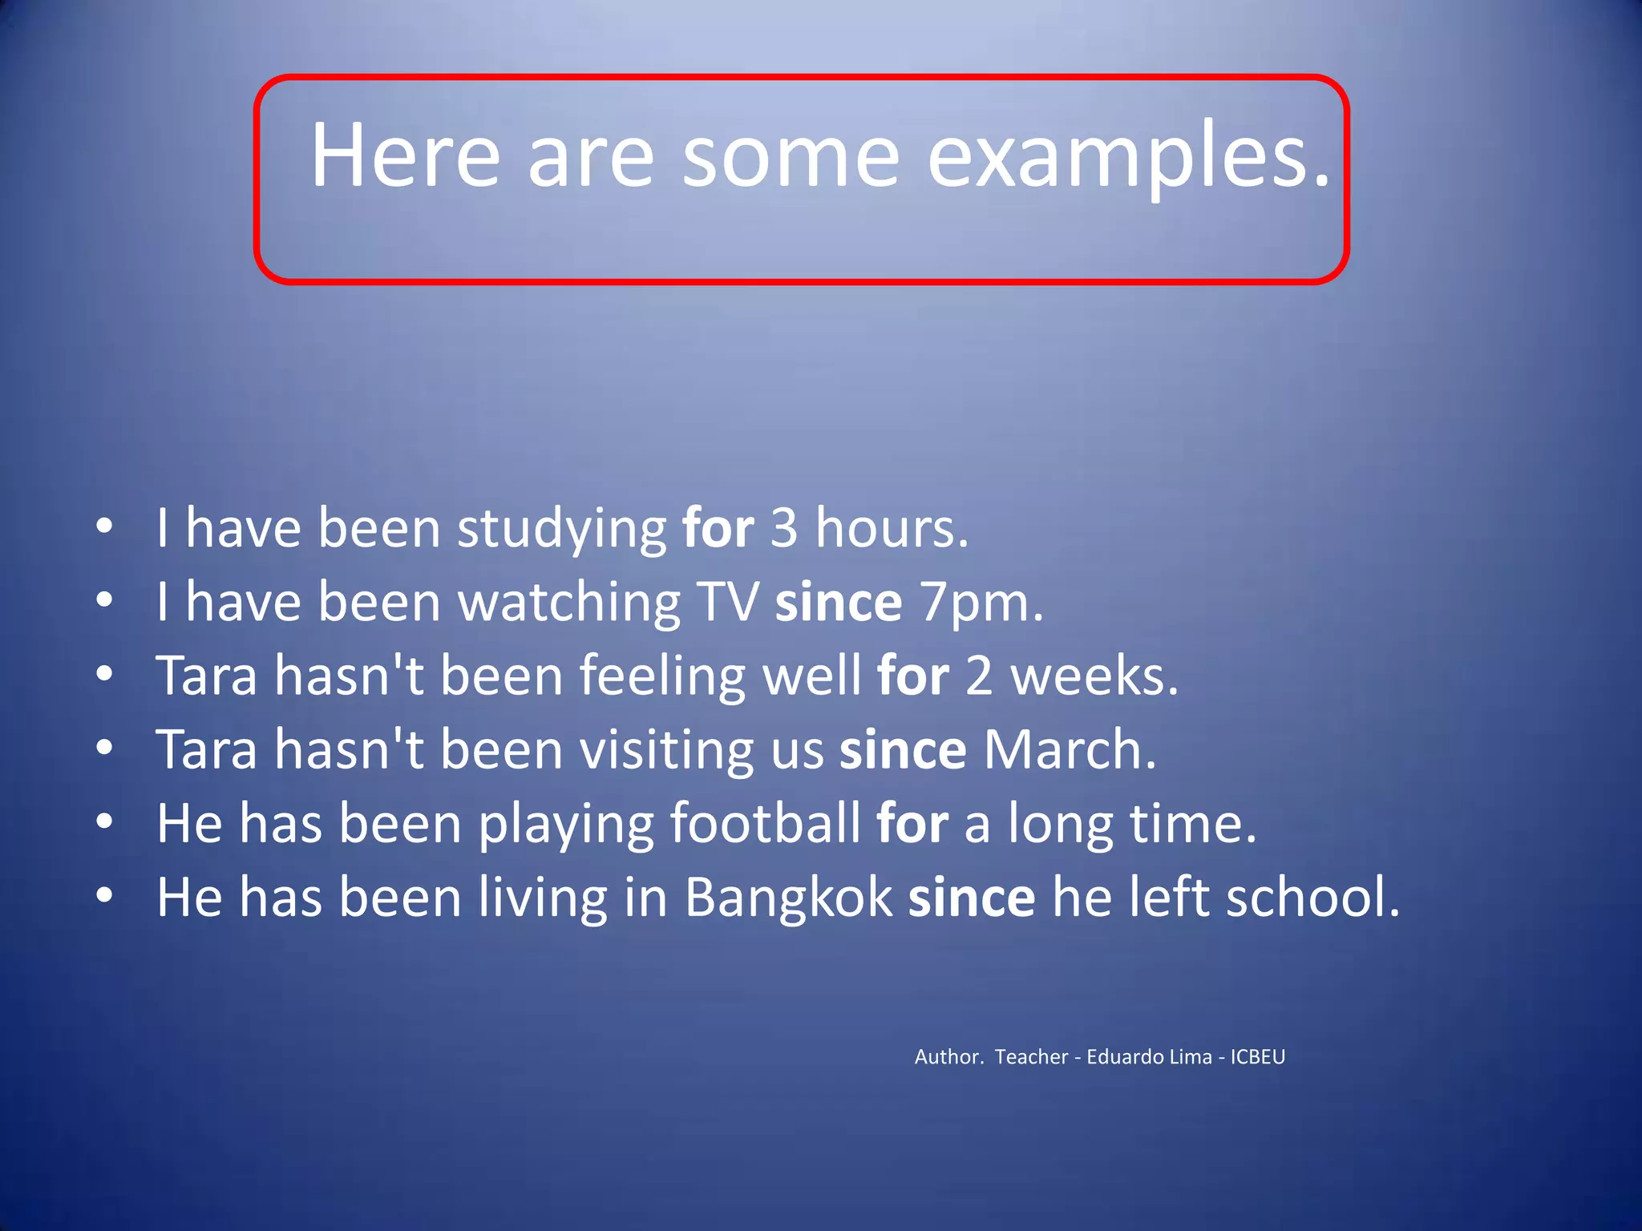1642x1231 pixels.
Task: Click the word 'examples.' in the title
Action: pyautogui.click(x=1129, y=156)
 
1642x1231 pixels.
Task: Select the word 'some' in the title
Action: pyautogui.click(x=791, y=156)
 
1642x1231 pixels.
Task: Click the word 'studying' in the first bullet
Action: pyautogui.click(x=561, y=530)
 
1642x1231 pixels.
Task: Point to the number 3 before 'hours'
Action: pyautogui.click(x=784, y=528)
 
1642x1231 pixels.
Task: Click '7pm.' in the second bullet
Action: pyautogui.click(x=982, y=603)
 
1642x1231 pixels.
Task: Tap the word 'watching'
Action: pyautogui.click(x=569, y=603)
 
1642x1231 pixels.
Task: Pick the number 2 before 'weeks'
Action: pyautogui.click(x=979, y=676)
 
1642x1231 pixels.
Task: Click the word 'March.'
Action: pyautogui.click(x=1070, y=750)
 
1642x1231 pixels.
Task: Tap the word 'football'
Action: pyautogui.click(x=765, y=824)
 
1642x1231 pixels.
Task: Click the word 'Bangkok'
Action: pyautogui.click(x=788, y=898)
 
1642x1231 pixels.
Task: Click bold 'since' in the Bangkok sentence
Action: pyautogui.click(x=972, y=898)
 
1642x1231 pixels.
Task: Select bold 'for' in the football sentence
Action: pyautogui.click(x=912, y=824)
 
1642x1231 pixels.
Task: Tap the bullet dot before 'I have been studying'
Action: pyautogui.click(x=104, y=527)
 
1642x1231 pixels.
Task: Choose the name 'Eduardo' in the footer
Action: pyautogui.click(x=1122, y=1057)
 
